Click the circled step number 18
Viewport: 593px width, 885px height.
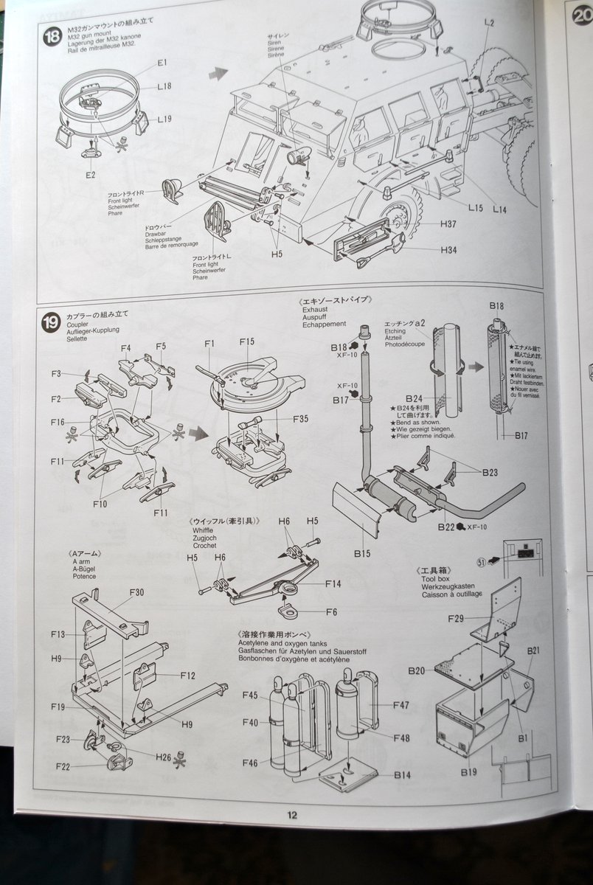tap(52, 35)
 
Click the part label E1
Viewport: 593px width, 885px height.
tap(162, 63)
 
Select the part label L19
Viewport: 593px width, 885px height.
tap(164, 119)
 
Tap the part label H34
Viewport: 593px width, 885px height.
tap(448, 250)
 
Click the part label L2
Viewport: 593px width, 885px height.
tap(489, 23)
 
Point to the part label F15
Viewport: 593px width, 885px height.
tap(246, 341)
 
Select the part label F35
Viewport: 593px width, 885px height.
tap(300, 419)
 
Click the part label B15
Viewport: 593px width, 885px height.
tap(362, 551)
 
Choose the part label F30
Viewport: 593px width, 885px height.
tap(136, 591)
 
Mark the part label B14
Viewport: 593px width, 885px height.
tap(402, 774)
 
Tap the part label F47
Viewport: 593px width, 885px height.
tap(400, 705)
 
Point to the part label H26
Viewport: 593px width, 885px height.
tap(163, 756)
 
